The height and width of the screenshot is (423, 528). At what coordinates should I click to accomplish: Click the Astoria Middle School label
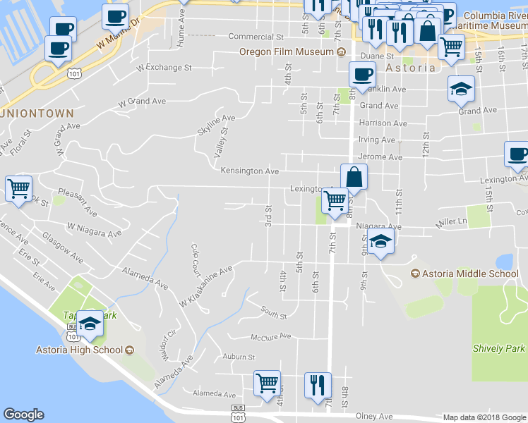471,274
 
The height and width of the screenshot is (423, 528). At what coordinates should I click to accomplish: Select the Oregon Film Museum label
287,51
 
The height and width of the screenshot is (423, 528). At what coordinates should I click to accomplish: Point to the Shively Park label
500,348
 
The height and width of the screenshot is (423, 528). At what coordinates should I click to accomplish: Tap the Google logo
23,415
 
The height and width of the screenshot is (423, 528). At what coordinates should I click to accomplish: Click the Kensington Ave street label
249,171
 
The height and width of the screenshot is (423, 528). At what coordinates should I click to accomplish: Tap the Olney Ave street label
374,416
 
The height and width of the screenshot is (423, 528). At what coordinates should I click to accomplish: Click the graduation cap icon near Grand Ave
461,89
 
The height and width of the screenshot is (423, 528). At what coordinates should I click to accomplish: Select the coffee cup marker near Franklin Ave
363,74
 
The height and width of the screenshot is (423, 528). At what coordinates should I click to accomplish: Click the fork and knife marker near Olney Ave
316,385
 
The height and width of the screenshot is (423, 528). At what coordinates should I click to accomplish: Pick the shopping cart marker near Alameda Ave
267,384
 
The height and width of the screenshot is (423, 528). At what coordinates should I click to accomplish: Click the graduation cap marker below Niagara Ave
380,242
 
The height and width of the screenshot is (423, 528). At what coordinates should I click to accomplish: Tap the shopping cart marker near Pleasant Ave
18,188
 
